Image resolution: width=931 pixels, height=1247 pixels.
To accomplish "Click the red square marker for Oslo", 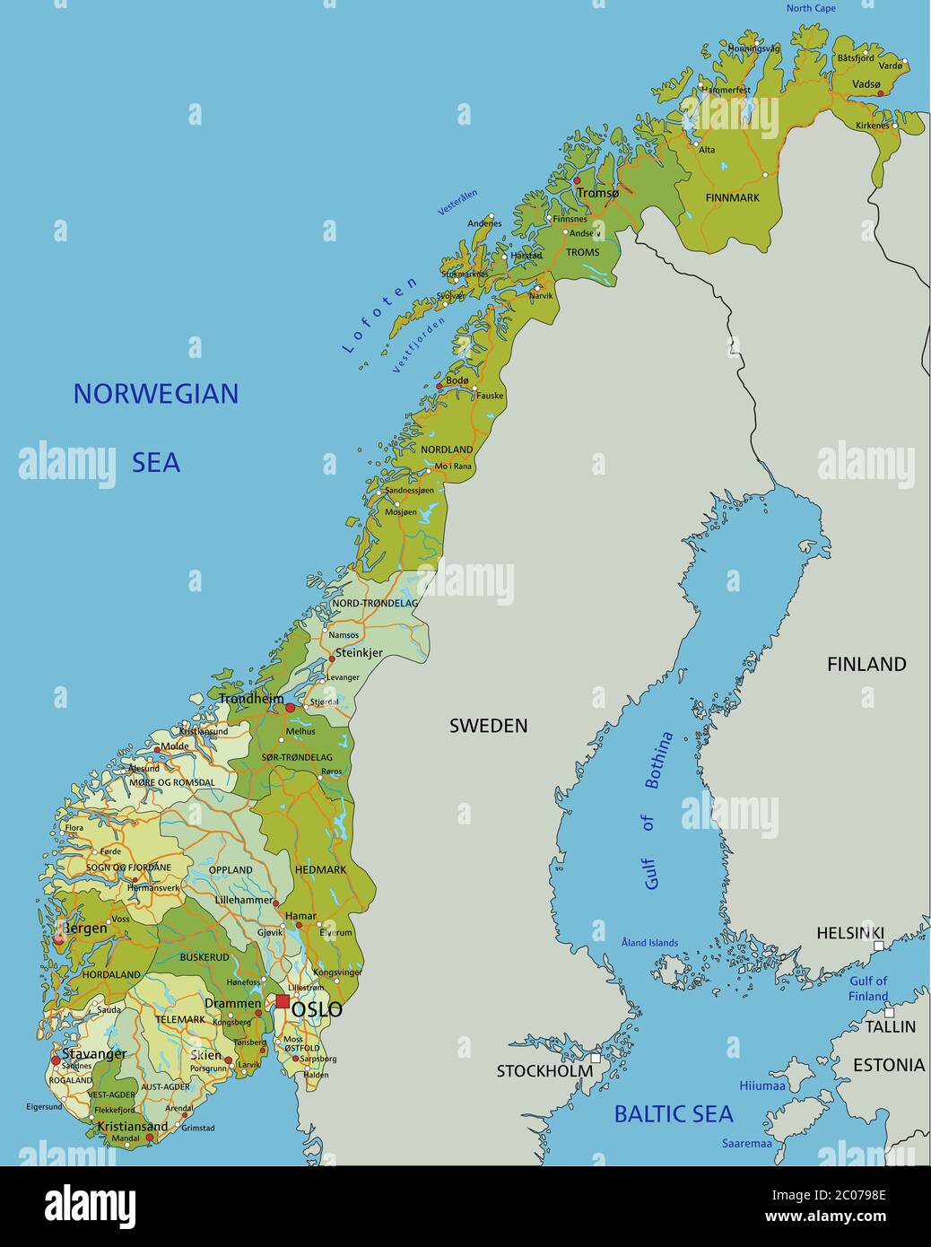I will (283, 1001).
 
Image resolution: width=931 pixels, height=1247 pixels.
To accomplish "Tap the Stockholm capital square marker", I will (596, 1058).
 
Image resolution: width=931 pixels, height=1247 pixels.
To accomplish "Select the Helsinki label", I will (849, 933).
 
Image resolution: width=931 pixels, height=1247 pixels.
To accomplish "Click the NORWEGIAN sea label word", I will (155, 394).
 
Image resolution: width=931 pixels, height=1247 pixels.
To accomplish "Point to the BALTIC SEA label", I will (673, 1114).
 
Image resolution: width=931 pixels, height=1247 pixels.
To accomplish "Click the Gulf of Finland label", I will (868, 989).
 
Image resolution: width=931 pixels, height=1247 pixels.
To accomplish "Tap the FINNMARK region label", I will (732, 197).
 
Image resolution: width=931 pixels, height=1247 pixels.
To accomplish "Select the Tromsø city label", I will (598, 193).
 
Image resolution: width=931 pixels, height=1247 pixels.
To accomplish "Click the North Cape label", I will (811, 9).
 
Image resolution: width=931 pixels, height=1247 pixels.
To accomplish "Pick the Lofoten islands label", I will (380, 315).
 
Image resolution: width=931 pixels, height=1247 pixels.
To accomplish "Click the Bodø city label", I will (457, 380).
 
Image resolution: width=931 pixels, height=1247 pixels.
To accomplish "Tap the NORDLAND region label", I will (447, 449).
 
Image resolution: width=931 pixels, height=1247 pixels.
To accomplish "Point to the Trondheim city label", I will (251, 698).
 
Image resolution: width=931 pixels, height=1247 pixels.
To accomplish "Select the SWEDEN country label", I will (488, 726).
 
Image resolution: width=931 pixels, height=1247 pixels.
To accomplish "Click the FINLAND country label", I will (866, 665).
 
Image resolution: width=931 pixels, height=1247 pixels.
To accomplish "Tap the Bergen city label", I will (83, 929).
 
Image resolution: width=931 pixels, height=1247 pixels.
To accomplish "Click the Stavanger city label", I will (94, 1053).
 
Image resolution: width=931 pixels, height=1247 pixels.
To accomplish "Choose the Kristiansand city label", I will (132, 1127).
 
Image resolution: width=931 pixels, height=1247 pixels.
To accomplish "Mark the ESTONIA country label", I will (888, 1065).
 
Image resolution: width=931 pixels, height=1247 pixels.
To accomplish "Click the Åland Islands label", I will (649, 943).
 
